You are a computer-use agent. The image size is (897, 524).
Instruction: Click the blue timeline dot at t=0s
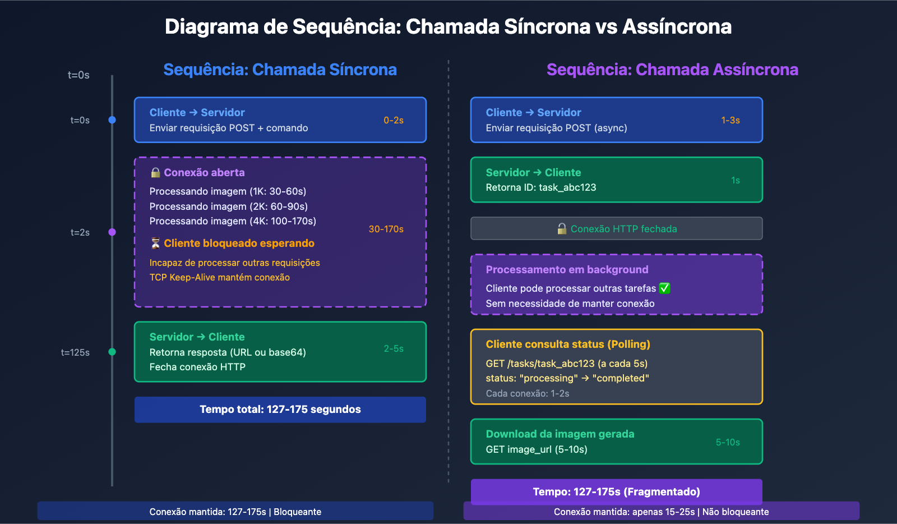click(112, 120)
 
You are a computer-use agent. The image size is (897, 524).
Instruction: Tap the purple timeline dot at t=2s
click(112, 232)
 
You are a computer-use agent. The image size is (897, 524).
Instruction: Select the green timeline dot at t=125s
click(112, 352)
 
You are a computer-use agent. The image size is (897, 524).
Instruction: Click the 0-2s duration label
click(394, 120)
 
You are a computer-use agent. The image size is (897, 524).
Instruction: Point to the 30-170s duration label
click(386, 229)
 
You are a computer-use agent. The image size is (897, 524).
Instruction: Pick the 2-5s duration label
click(394, 348)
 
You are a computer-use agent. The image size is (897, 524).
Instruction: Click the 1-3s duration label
click(730, 120)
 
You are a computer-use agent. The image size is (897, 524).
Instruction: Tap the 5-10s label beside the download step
click(728, 442)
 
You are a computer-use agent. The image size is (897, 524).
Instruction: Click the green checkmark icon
click(664, 288)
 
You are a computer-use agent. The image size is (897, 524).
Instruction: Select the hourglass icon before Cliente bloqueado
click(155, 243)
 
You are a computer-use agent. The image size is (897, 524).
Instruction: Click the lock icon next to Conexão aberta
click(155, 173)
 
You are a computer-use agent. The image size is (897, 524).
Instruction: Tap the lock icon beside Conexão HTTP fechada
click(562, 228)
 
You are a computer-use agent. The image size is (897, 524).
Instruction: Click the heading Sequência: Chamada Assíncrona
click(672, 70)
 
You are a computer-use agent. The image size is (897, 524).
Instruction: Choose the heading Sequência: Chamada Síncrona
click(280, 70)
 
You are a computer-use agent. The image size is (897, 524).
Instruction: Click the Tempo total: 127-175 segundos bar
click(280, 410)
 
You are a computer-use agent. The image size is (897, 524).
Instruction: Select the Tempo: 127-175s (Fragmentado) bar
click(616, 491)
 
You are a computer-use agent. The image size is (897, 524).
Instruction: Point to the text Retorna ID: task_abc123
click(541, 187)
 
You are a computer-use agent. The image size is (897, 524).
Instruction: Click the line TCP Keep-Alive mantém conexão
click(220, 277)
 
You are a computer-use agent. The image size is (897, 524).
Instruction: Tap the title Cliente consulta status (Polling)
click(568, 344)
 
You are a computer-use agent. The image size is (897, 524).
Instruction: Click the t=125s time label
click(75, 352)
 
